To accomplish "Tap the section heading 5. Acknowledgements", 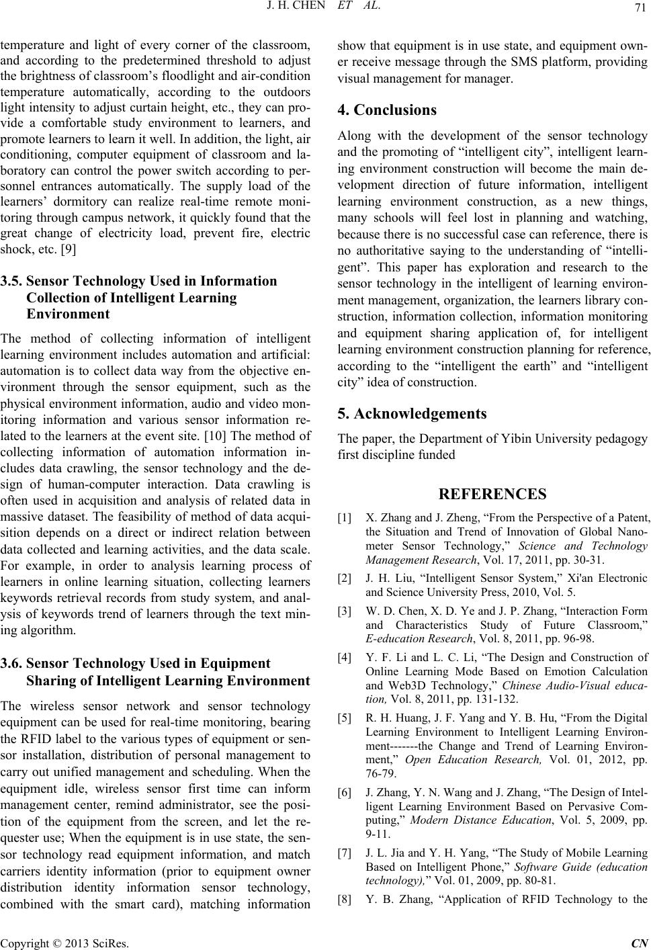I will (x=412, y=413).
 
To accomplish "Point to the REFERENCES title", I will (x=492, y=494).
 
